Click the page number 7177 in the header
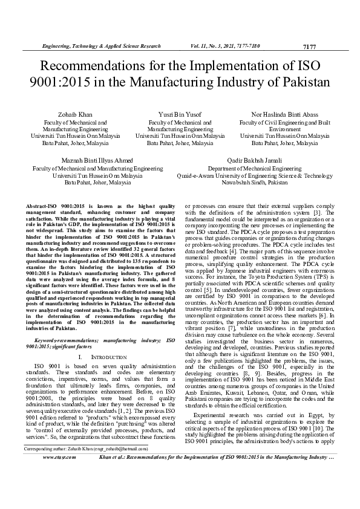click(309, 47)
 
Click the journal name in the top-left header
click(100, 46)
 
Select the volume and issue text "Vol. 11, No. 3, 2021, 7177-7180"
click(234, 46)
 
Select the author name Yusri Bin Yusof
click(180, 114)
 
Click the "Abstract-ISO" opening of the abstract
click(42, 206)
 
